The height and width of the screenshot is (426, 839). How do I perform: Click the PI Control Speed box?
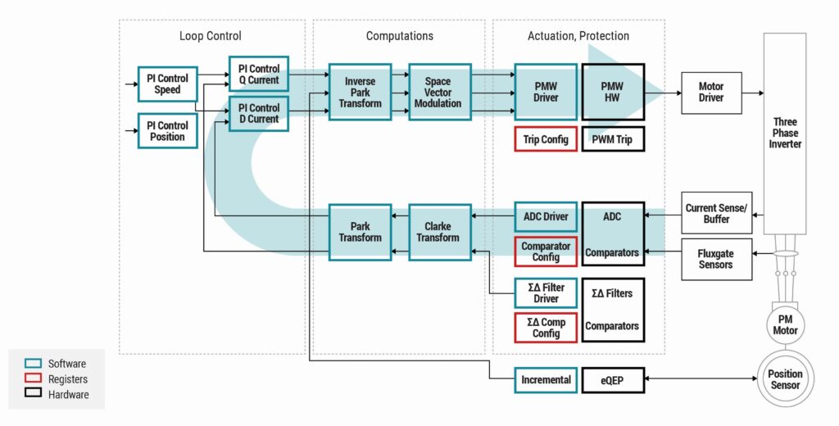pyautogui.click(x=167, y=84)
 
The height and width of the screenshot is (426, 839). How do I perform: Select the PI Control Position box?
pyautogui.click(x=167, y=131)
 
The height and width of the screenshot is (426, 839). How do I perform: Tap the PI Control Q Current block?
pyautogui.click(x=258, y=75)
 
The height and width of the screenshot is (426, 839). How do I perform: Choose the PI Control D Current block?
pyautogui.click(x=258, y=114)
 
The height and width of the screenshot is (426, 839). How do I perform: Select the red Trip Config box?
pyautogui.click(x=546, y=139)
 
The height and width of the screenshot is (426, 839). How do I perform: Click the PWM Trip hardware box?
pyautogui.click(x=612, y=139)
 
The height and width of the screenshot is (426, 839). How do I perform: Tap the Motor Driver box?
pyautogui.click(x=710, y=92)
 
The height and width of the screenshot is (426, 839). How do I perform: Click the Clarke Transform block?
pyautogui.click(x=440, y=232)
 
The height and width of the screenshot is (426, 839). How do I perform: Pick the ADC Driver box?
pyautogui.click(x=546, y=216)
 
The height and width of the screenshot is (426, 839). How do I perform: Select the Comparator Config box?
pyautogui.click(x=546, y=252)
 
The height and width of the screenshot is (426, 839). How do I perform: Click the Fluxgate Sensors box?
pyautogui.click(x=715, y=259)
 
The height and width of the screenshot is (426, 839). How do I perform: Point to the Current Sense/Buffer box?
pyautogui.click(x=715, y=214)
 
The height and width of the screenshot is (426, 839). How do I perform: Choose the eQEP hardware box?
pyautogui.click(x=612, y=379)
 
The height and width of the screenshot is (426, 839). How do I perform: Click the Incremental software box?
pyautogui.click(x=546, y=379)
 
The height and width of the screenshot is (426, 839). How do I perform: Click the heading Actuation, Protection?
pyautogui.click(x=578, y=36)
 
